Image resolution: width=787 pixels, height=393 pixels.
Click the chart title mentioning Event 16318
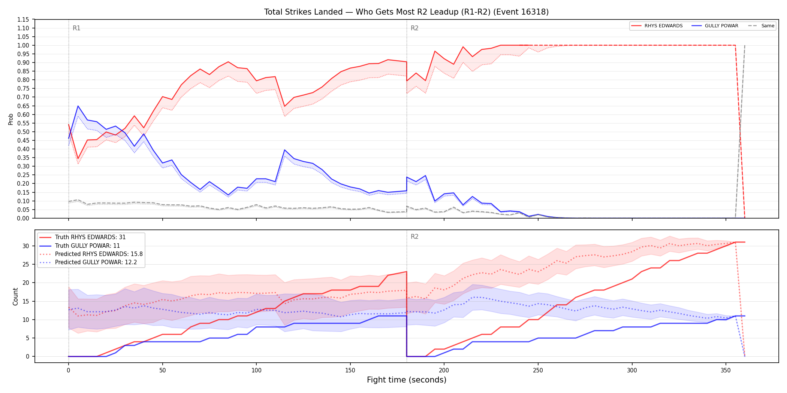(x=406, y=12)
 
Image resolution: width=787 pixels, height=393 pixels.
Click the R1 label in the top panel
(x=76, y=28)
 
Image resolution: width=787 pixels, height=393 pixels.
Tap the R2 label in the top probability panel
(x=414, y=28)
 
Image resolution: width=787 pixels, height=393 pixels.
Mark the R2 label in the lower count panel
(x=414, y=237)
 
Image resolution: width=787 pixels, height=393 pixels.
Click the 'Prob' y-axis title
(x=11, y=119)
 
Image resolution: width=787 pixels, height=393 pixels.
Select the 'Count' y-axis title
(x=15, y=296)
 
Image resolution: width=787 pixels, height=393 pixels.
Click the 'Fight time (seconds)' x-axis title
(x=407, y=380)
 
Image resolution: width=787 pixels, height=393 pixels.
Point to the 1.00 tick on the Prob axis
(x=23, y=45)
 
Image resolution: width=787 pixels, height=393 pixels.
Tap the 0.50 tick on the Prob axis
(x=23, y=132)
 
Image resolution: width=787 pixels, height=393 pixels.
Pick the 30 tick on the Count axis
(x=26, y=246)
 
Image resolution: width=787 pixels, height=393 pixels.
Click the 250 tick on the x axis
(x=538, y=371)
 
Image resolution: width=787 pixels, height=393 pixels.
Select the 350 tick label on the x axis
(x=726, y=371)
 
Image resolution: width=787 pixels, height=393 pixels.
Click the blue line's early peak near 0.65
(x=78, y=106)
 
